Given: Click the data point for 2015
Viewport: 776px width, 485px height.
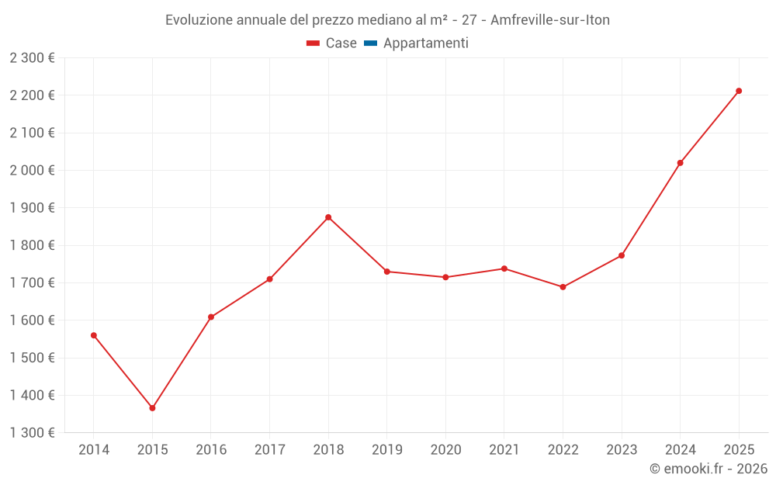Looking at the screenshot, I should (152, 408).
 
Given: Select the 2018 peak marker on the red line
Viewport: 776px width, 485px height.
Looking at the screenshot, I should (328, 217).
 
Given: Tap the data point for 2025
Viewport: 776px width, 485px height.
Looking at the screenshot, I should (739, 91).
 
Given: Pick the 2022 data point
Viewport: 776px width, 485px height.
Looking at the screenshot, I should (563, 287).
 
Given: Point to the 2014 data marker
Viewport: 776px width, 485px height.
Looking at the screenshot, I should (94, 335).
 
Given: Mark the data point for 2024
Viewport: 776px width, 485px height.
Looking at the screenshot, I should (680, 163).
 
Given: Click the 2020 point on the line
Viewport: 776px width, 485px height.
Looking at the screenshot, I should (445, 277).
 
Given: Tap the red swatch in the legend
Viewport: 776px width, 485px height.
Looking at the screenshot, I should (313, 43).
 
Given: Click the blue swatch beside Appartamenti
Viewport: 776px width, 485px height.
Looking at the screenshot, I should (370, 43).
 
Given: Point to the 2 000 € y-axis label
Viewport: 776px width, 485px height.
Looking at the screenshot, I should (32, 170).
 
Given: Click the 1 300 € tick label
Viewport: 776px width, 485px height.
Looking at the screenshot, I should (32, 433).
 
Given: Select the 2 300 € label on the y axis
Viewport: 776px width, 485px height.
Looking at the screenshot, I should (32, 58).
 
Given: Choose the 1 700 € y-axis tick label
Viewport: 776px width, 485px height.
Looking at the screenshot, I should (32, 282).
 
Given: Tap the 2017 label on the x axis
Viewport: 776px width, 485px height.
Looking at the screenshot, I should (269, 450).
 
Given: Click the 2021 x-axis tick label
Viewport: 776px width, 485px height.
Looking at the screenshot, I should (504, 450).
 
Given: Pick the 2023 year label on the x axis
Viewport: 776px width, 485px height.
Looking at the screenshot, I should (622, 450).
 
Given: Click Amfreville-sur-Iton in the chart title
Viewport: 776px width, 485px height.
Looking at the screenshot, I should (550, 20).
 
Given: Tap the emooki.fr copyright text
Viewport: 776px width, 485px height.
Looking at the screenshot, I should (708, 469).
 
